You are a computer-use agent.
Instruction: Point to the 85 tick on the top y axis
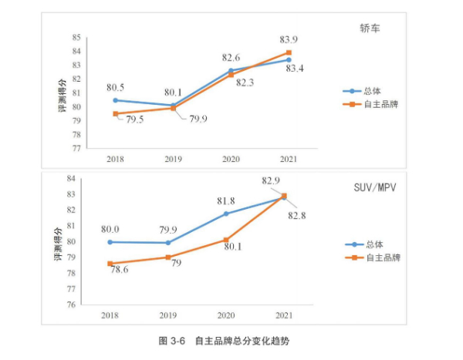coord(76,37)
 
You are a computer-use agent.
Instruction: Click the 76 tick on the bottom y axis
coord(72,304)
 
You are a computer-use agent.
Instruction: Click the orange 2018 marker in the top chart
coord(116,114)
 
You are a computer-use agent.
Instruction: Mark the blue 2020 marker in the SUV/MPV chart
coord(227,214)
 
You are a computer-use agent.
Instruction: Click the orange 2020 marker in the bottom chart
coord(227,240)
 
